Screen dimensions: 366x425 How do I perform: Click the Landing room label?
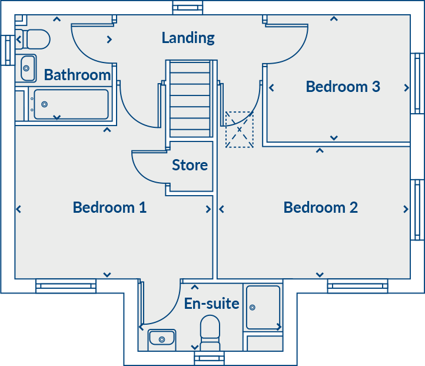[x=188, y=38]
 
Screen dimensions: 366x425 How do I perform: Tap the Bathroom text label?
[x=77, y=75]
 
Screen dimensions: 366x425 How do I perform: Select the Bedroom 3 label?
[x=343, y=87]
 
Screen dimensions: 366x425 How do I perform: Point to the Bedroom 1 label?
[x=109, y=207]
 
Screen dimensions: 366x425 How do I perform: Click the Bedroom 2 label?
[x=320, y=207]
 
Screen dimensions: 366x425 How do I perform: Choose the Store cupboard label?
[x=190, y=166]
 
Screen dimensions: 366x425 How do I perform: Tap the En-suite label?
[x=211, y=304]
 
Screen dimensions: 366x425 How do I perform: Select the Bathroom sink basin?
[x=28, y=68]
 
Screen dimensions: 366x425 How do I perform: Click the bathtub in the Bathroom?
[x=71, y=104]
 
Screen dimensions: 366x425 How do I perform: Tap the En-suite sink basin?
[x=161, y=338]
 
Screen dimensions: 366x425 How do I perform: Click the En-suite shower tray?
[x=264, y=307]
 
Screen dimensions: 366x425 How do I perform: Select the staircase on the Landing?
[x=190, y=98]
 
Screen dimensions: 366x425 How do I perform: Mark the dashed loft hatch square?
[x=240, y=129]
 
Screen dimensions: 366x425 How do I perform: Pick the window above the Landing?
[x=188, y=7]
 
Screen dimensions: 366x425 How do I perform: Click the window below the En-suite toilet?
[x=210, y=358]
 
